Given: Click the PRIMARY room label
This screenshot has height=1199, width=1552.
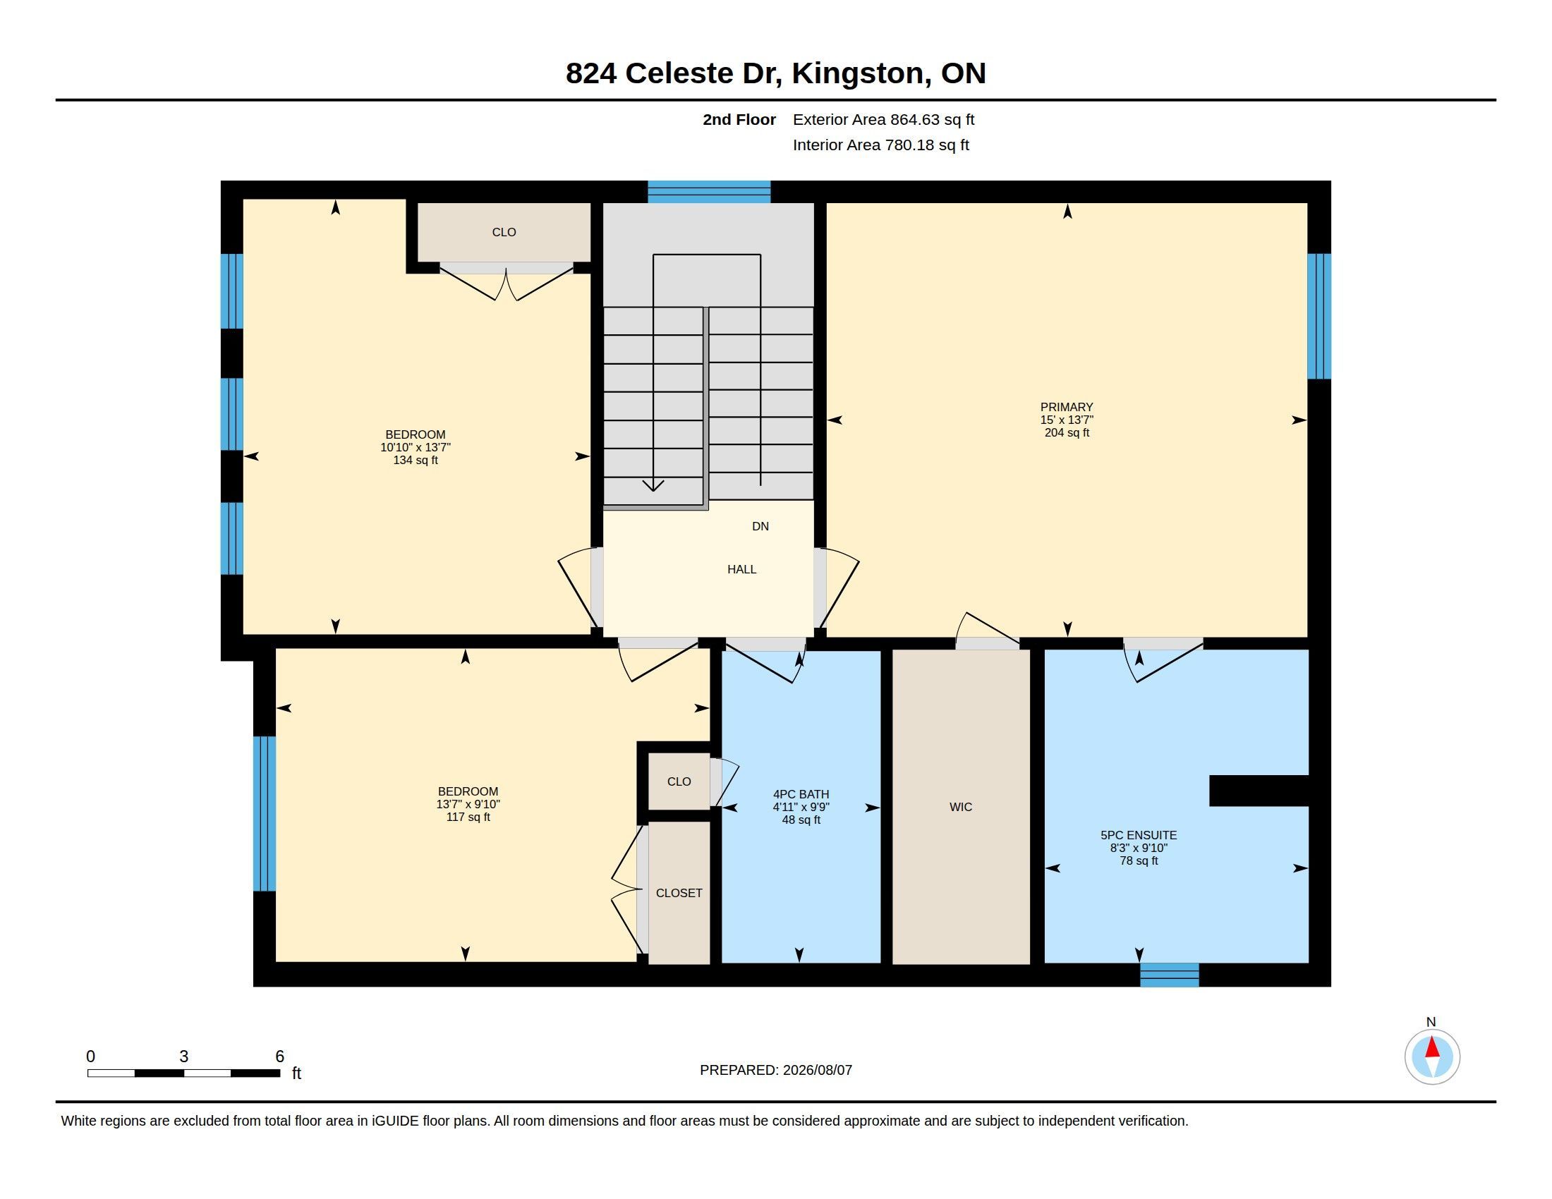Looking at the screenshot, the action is tap(1066, 407).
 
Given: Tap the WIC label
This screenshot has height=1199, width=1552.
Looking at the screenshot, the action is tap(961, 807).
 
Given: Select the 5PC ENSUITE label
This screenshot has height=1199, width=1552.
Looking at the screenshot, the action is tap(1139, 835).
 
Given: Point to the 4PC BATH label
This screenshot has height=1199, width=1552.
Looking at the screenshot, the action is tap(801, 794).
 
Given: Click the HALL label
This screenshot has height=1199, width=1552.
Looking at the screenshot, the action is tap(741, 569).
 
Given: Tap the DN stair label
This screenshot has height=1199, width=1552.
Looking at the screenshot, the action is tap(760, 526).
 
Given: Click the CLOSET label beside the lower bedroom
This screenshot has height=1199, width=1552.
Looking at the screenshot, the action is tap(679, 893).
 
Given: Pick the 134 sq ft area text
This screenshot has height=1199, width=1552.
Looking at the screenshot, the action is tap(416, 461).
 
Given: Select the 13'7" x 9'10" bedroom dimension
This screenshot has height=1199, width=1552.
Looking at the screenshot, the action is tap(468, 804).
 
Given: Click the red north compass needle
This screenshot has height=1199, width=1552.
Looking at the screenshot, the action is tap(1433, 1047).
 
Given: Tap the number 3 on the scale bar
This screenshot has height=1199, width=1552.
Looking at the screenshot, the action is tap(184, 1057).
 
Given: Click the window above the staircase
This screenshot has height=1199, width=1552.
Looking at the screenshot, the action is tap(709, 192).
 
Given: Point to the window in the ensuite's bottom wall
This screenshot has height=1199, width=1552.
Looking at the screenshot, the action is tap(1170, 975).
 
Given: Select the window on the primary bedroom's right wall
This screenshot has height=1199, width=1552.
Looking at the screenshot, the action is tap(1320, 316).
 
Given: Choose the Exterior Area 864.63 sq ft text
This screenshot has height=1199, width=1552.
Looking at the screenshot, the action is tap(883, 119).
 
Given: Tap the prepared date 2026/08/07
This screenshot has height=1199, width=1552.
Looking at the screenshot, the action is tap(817, 1070).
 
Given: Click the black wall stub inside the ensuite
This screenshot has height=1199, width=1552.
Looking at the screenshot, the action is tap(1259, 791).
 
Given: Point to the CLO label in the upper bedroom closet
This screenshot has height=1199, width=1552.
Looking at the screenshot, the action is tap(504, 232).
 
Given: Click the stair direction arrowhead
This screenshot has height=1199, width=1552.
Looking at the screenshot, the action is tap(653, 485).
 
